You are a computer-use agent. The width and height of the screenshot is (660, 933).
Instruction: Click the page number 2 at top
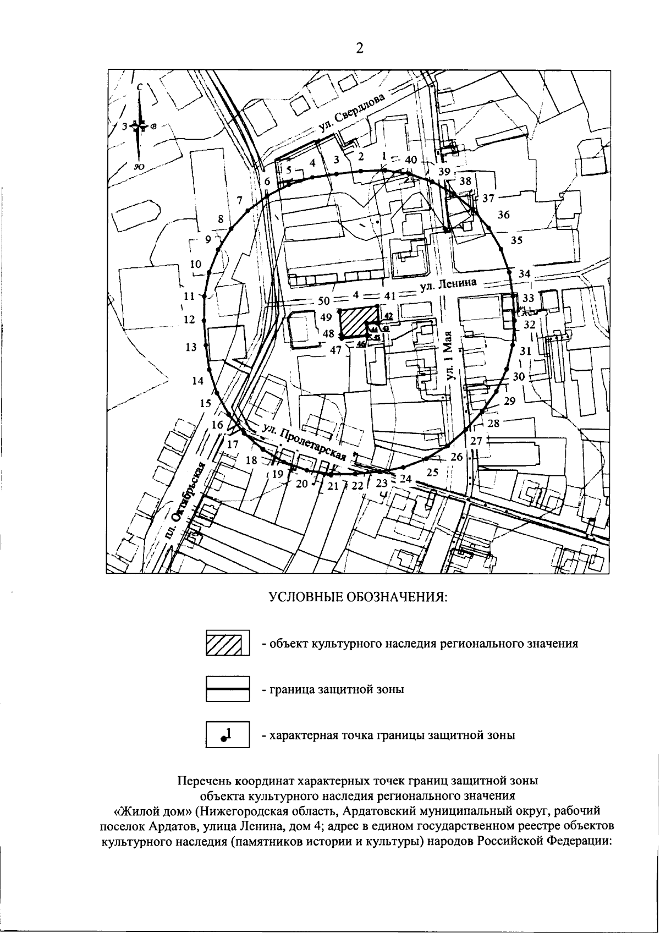click(x=359, y=48)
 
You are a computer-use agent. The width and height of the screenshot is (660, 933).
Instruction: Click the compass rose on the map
click(x=140, y=126)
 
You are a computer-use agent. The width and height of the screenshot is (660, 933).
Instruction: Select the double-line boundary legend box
click(x=228, y=688)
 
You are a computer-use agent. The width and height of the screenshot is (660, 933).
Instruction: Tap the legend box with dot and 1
click(x=228, y=734)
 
